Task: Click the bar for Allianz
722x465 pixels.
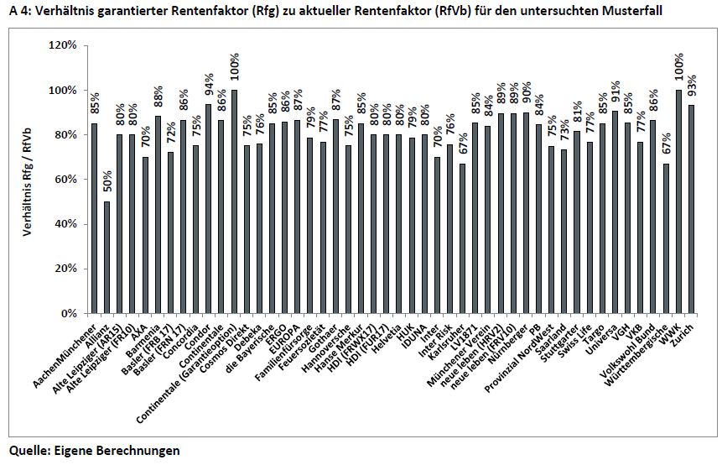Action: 106,258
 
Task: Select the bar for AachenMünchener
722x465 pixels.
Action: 93,218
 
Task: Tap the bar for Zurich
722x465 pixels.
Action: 692,209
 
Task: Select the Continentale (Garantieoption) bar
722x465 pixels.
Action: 234,201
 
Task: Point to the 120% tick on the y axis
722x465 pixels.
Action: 61,45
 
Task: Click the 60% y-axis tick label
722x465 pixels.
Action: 64,180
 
